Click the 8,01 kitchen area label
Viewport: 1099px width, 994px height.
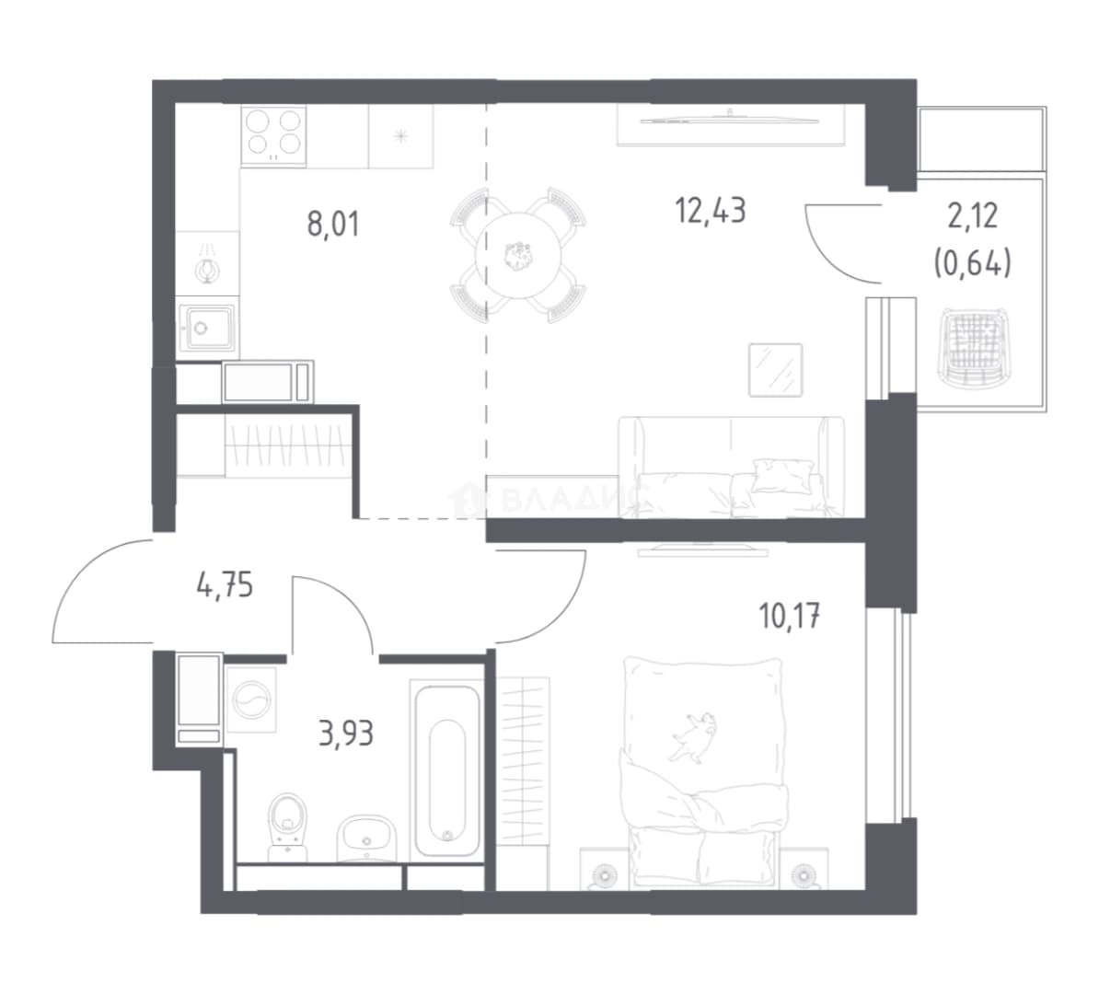point(333,225)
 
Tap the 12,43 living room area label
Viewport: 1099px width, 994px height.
point(710,210)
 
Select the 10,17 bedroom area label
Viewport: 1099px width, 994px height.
point(790,616)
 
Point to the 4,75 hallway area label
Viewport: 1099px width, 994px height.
point(225,584)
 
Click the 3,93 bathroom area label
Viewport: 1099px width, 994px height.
point(346,734)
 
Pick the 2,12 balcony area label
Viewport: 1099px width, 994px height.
point(972,216)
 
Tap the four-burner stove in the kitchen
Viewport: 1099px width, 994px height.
point(273,136)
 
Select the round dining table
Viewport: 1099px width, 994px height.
point(518,255)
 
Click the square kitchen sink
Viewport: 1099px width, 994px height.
point(208,327)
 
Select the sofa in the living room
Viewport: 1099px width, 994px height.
point(731,467)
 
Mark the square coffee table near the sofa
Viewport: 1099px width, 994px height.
point(775,369)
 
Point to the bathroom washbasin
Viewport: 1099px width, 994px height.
point(365,837)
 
